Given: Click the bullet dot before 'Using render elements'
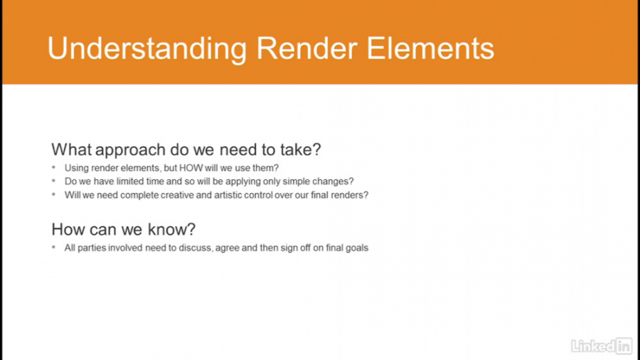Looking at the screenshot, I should [53, 168].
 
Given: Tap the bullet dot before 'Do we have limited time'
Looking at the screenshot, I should [53, 181].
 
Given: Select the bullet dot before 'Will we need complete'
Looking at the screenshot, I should [53, 195].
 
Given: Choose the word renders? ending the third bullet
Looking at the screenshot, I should [350, 195].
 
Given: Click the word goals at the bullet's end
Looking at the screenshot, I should [356, 248].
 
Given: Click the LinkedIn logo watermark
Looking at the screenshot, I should [601, 346].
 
